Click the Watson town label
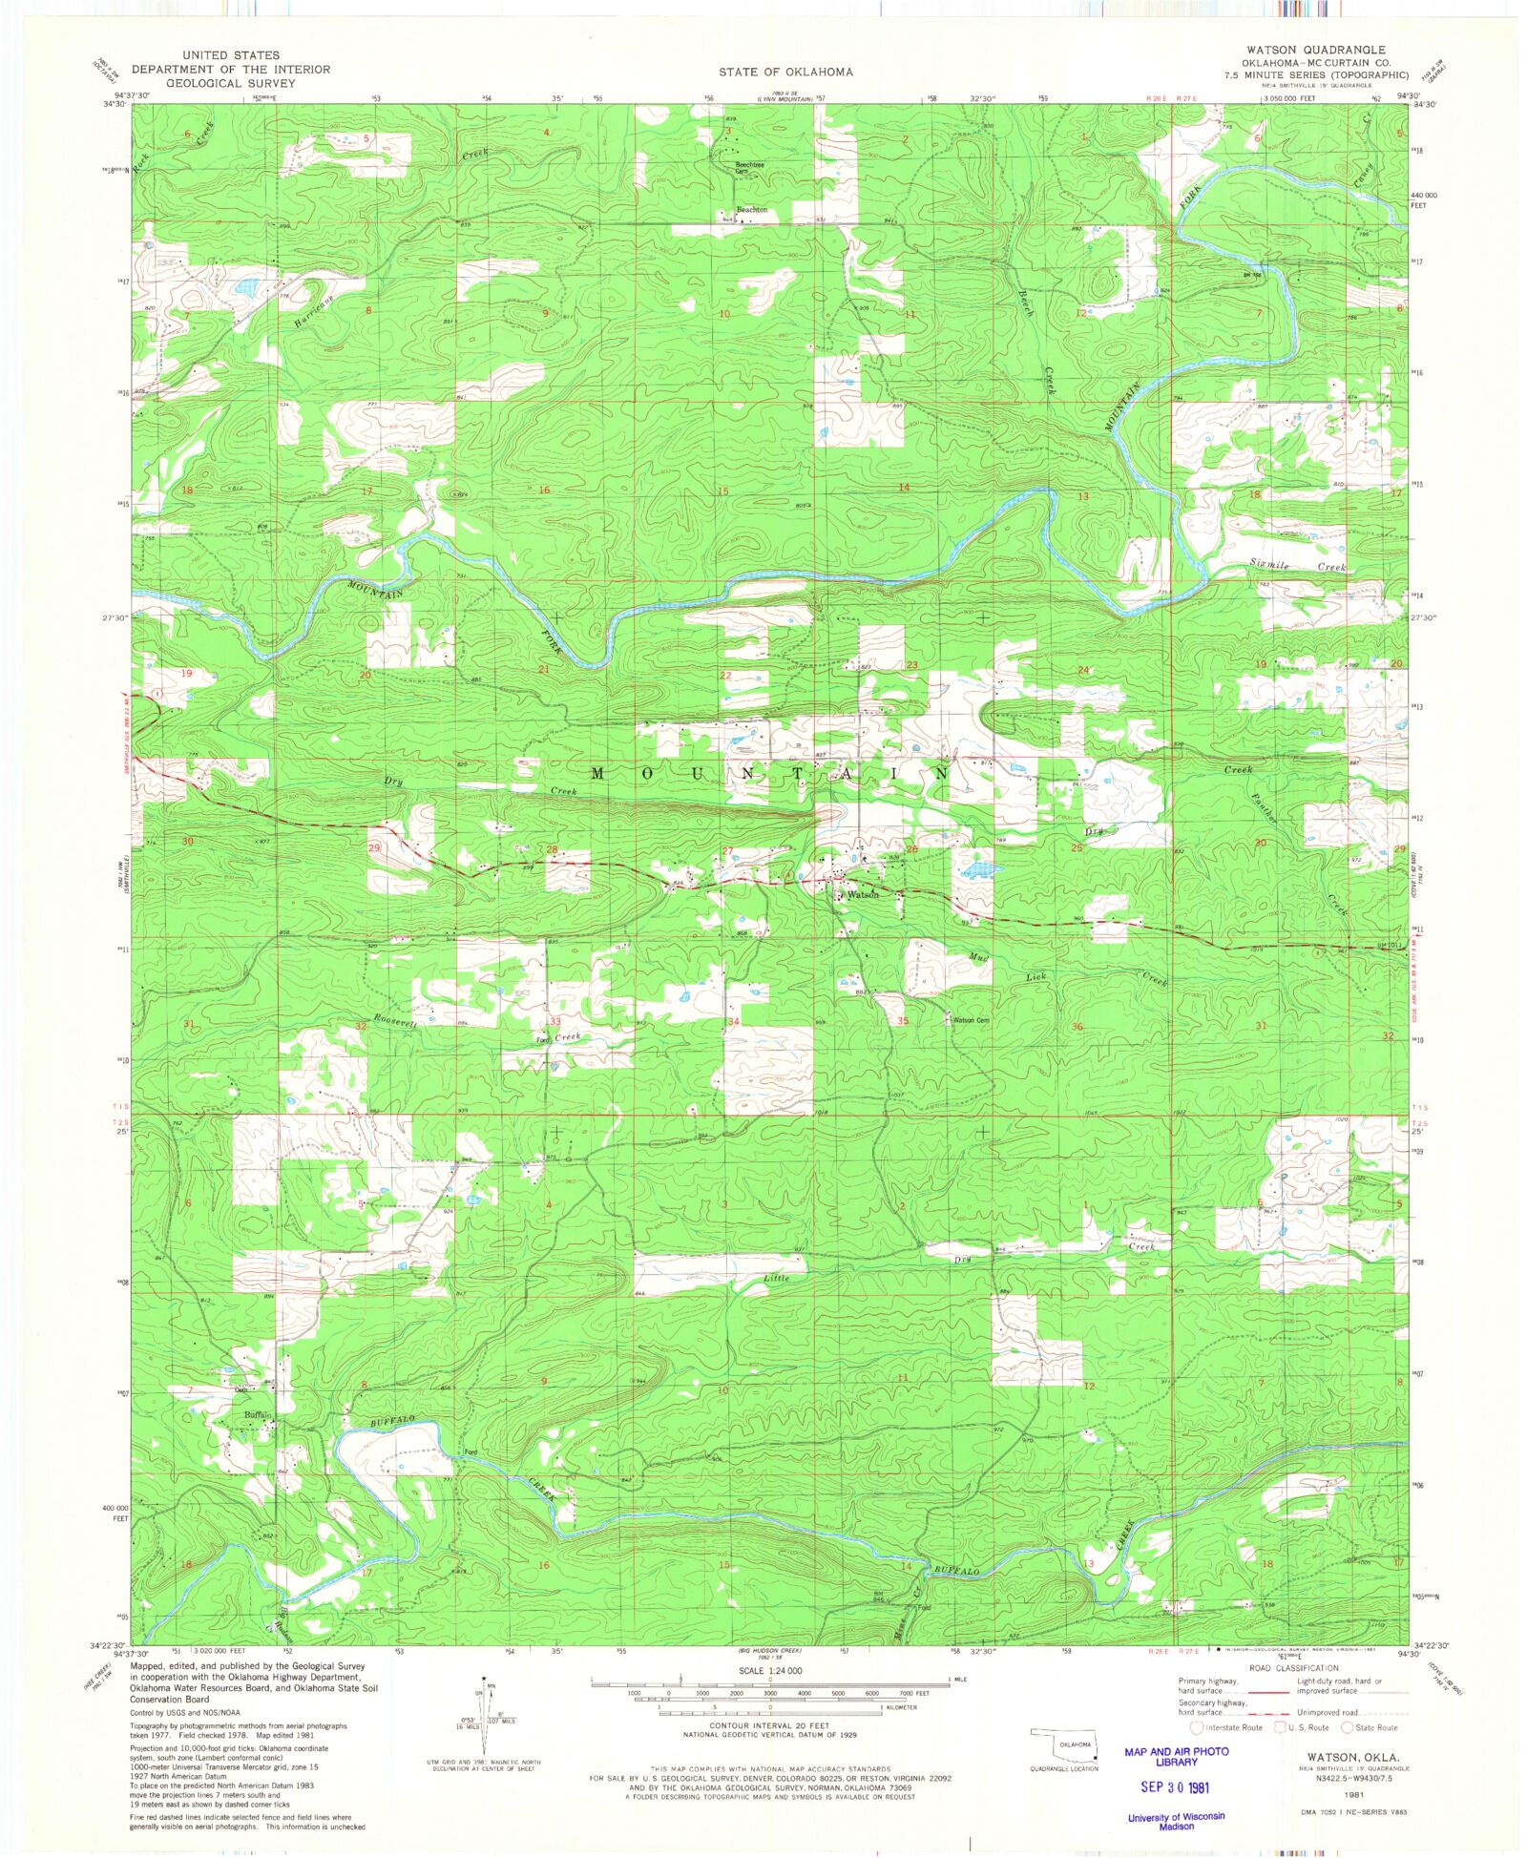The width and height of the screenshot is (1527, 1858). [x=863, y=895]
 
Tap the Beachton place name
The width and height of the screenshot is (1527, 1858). [x=752, y=210]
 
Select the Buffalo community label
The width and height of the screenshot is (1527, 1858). [x=258, y=1415]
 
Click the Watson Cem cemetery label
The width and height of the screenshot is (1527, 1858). [x=971, y=1020]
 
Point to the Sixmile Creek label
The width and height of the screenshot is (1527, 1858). [x=1297, y=566]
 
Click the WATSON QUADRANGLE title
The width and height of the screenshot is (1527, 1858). [x=1315, y=50]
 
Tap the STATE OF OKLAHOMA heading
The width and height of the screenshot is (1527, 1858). [x=785, y=72]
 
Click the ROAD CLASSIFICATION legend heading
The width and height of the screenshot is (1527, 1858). [x=1293, y=1668]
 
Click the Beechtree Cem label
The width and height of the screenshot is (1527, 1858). [x=749, y=167]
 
